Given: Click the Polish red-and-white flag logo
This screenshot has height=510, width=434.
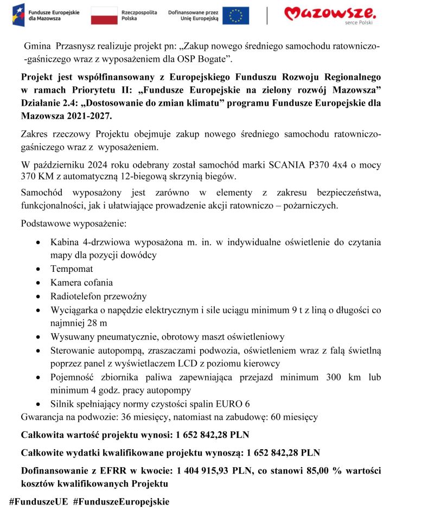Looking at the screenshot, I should (104, 16).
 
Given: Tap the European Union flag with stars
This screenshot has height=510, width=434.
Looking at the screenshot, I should (236, 16).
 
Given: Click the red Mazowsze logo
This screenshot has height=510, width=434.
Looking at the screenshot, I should (330, 13).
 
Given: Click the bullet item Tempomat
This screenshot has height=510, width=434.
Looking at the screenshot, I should (72, 269).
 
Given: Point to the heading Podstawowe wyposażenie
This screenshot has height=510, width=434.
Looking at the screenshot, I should (73, 224).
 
